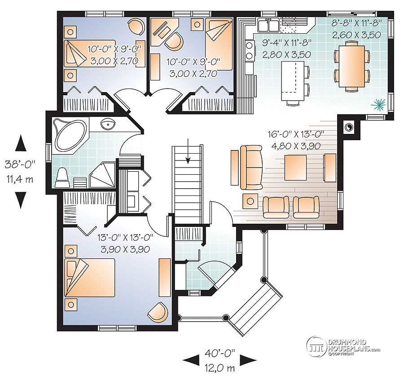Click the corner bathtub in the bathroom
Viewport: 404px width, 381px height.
pyautogui.click(x=68, y=133)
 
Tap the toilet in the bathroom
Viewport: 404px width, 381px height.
pyautogui.click(x=62, y=177)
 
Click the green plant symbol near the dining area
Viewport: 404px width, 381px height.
pyautogui.click(x=378, y=105)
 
